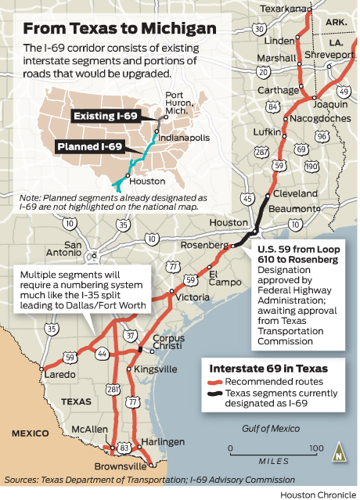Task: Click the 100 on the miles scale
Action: pos(314,448)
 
